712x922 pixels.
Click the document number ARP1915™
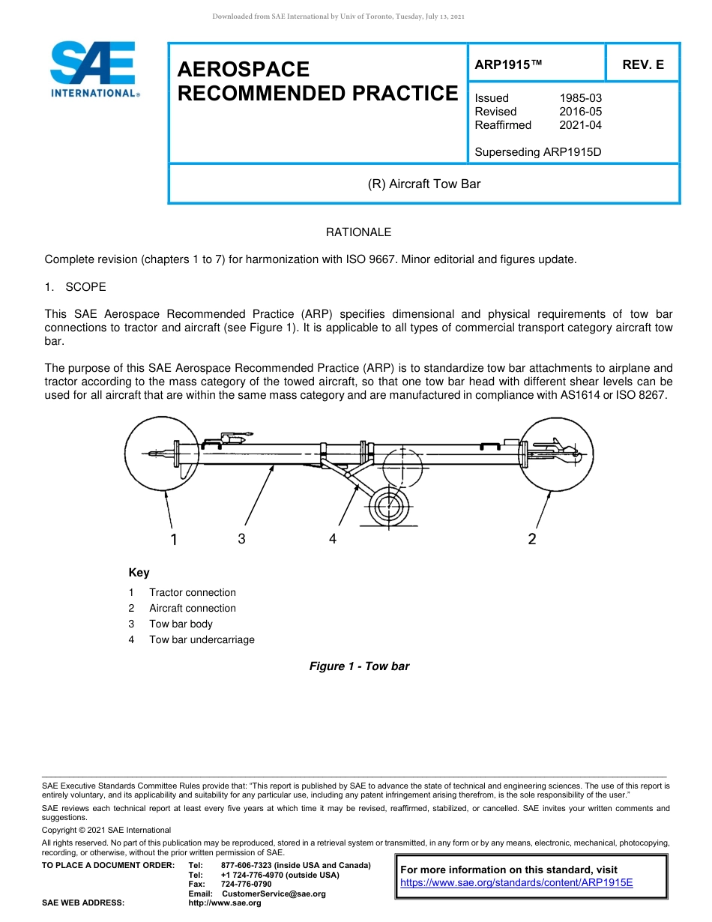[x=507, y=65]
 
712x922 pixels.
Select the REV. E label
[x=642, y=65]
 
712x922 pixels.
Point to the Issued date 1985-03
[x=580, y=98]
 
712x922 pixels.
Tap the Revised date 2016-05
[x=580, y=112]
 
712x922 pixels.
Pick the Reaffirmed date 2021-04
[x=580, y=125]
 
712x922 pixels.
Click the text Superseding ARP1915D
[x=539, y=152]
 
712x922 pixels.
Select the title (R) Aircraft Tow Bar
[x=424, y=184]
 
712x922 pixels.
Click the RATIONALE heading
[x=358, y=232]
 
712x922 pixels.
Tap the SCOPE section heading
[x=85, y=287]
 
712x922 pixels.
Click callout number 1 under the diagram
[x=174, y=539]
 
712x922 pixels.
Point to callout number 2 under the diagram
[x=532, y=539]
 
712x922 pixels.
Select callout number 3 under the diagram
[x=241, y=538]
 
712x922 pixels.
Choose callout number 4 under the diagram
[x=333, y=538]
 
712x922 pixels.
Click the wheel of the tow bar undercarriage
[x=387, y=502]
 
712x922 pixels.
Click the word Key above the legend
[x=139, y=573]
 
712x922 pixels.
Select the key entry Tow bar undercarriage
[x=202, y=639]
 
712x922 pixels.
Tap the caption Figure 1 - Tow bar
[x=359, y=666]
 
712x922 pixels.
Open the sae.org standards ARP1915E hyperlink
[x=516, y=882]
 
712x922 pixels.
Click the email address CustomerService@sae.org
[x=274, y=894]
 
